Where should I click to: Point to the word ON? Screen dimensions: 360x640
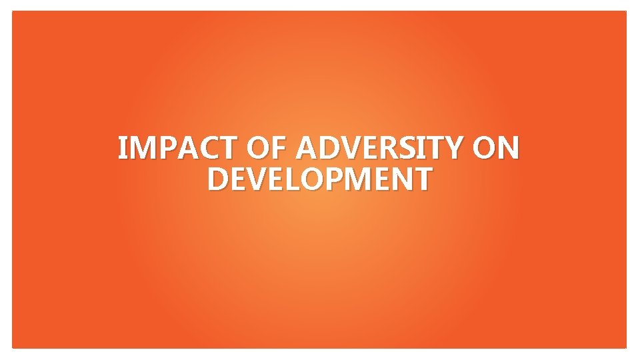tap(495, 148)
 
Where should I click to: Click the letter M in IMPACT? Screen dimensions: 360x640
tap(142, 148)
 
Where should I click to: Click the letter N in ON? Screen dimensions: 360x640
tap(507, 148)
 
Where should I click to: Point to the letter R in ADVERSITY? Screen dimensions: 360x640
tap(387, 148)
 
